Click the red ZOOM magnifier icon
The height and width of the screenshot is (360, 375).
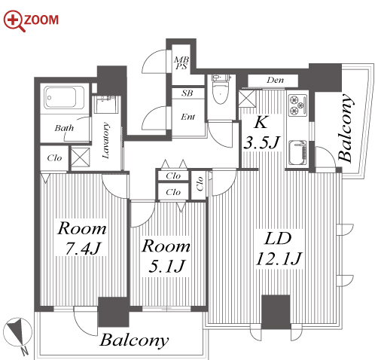coord(14,21)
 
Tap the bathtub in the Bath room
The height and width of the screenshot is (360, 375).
coord(64,97)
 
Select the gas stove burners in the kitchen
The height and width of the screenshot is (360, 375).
coord(297,105)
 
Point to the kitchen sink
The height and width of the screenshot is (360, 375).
coord(298,152)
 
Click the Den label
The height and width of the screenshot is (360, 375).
coord(275,81)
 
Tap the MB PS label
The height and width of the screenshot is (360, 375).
coord(181,63)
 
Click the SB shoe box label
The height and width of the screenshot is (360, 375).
coord(187,93)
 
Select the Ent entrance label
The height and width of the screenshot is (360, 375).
coord(187,117)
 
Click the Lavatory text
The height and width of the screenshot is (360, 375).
coord(106,141)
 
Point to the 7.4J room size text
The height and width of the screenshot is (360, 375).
coord(83,249)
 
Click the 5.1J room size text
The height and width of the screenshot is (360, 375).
coord(167,267)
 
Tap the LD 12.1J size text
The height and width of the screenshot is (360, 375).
coord(278,249)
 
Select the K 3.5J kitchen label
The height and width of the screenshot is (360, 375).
coord(261,133)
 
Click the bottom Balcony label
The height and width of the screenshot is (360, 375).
coord(134,341)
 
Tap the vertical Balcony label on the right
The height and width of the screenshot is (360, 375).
coord(346,127)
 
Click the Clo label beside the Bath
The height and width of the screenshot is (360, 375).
coord(54,158)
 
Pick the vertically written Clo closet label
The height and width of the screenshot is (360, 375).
coord(200,184)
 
